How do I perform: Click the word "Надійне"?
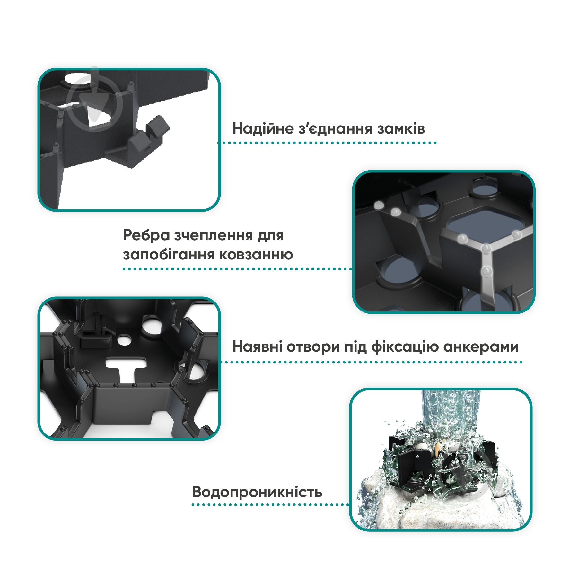pyautogui.click(x=263, y=128)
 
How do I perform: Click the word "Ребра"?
pyautogui.click(x=146, y=236)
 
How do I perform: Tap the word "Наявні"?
pyautogui.click(x=257, y=347)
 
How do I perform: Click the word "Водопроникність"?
pyautogui.click(x=257, y=492)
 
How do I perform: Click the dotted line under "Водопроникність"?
pyautogui.click(x=270, y=505)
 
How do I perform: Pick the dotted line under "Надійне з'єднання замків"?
pyautogui.click(x=327, y=143)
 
